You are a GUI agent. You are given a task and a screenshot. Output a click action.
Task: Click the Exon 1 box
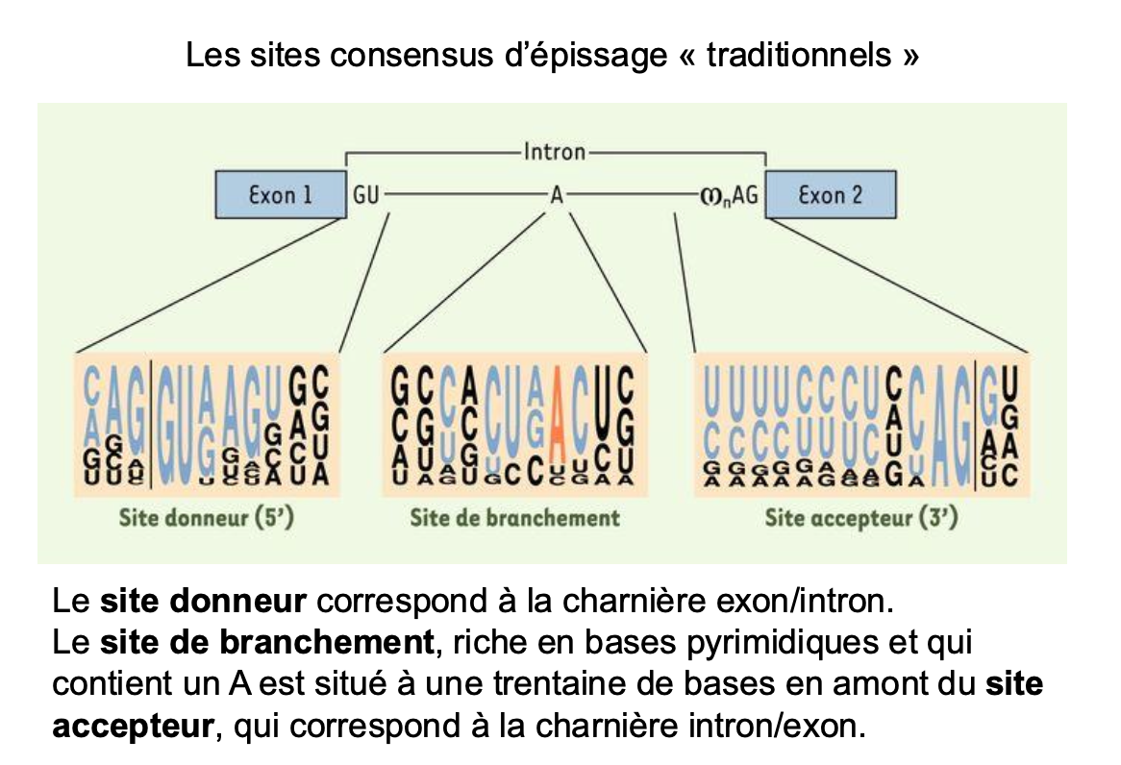point(280,195)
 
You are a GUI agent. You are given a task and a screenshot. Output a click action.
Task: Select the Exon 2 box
point(831,195)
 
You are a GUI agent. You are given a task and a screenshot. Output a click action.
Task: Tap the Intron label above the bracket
point(555,152)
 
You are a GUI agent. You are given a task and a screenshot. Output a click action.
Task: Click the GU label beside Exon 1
point(366,195)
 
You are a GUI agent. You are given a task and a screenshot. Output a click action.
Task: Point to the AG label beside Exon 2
point(745,195)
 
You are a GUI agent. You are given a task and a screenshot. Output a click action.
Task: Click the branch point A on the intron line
point(556,195)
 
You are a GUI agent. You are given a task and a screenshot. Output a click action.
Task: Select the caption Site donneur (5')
point(206,518)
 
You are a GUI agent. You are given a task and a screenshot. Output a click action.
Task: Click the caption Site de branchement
point(514,518)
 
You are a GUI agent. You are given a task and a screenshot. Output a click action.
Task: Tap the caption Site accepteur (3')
point(861,518)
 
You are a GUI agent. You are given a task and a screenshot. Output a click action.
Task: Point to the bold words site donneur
point(203,603)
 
